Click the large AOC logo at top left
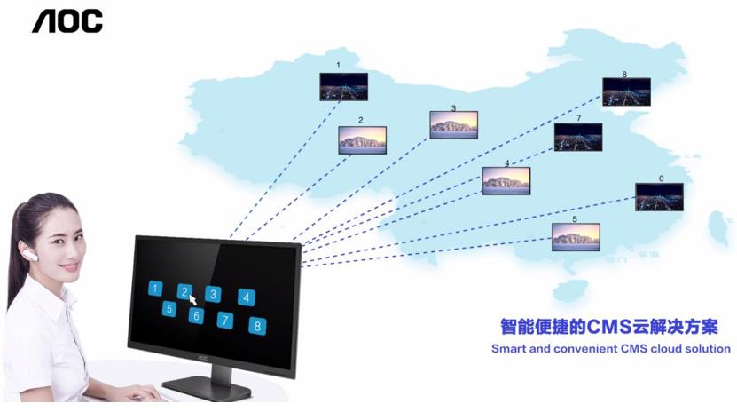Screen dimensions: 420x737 (x=67, y=21)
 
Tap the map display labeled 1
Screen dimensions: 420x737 (x=343, y=86)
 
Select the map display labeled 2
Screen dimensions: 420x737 (x=362, y=139)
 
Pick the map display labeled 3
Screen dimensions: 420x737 (x=453, y=124)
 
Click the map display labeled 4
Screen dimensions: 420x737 (x=506, y=180)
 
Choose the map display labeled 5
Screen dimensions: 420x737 (x=576, y=235)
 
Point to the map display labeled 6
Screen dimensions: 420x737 (x=659, y=196)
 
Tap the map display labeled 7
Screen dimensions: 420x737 (x=578, y=137)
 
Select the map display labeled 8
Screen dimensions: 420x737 (x=626, y=91)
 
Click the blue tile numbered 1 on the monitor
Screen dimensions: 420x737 (x=155, y=289)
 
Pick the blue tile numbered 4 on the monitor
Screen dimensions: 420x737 (x=247, y=298)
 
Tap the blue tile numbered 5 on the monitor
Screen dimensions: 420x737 (x=169, y=309)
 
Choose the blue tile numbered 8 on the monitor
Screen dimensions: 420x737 (x=257, y=326)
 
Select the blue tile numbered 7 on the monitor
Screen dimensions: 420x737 (x=225, y=321)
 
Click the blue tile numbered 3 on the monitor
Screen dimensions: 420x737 (x=213, y=294)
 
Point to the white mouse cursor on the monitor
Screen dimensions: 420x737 (x=192, y=299)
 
